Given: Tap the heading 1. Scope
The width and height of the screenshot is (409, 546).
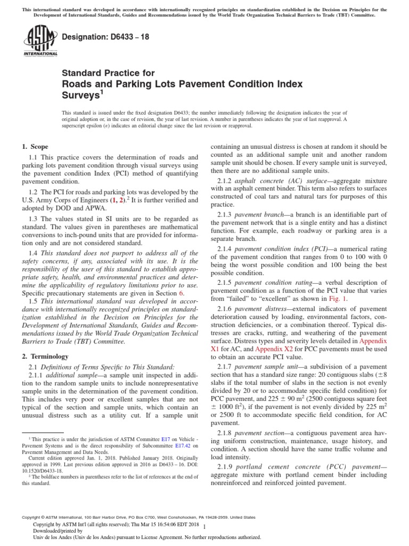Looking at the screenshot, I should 35,146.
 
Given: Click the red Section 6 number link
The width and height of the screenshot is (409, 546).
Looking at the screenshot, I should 181,294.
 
